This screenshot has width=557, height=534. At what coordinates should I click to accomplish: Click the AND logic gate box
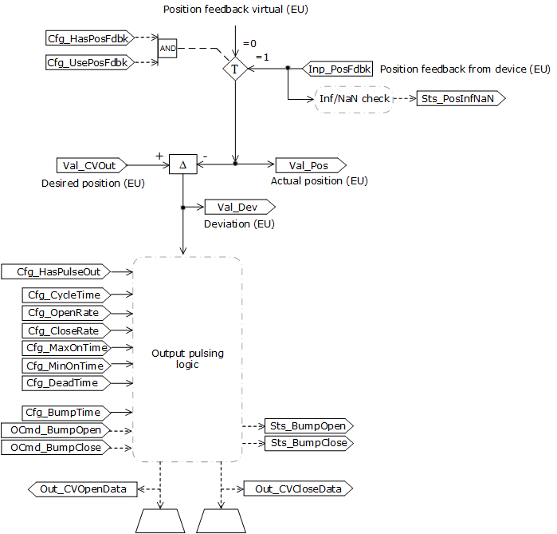click(167, 48)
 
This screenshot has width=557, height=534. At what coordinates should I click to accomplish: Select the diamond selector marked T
click(235, 69)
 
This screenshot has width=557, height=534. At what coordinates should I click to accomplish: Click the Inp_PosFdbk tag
click(339, 69)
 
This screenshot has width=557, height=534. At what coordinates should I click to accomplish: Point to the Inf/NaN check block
click(355, 99)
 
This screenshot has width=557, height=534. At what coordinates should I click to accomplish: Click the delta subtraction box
click(183, 165)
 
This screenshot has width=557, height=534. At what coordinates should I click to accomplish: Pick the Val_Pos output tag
click(310, 165)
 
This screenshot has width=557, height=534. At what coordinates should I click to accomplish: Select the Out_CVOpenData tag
click(83, 489)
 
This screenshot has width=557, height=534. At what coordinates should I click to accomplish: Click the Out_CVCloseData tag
click(297, 489)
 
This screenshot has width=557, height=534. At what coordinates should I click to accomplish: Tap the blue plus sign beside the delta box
click(159, 156)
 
